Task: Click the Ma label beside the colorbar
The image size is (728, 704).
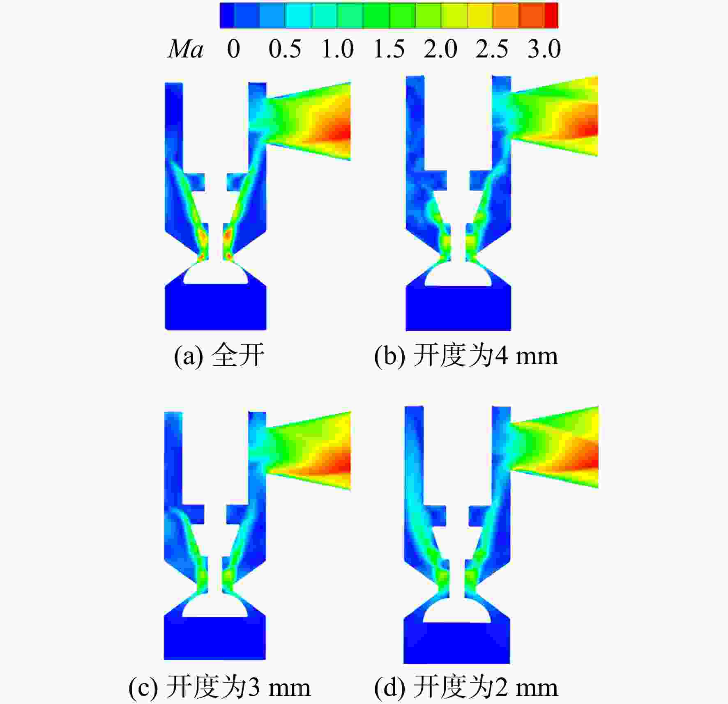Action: (x=185, y=49)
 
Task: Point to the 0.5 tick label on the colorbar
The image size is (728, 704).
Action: (x=285, y=49)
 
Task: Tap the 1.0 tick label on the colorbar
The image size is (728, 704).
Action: (x=337, y=49)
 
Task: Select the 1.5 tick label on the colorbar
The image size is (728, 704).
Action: (x=389, y=49)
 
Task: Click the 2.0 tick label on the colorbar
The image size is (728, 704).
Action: (x=440, y=49)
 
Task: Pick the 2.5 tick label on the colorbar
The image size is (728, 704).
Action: (x=492, y=49)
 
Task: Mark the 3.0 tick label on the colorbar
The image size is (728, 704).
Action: (x=544, y=49)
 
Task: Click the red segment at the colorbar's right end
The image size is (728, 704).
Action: (x=551, y=16)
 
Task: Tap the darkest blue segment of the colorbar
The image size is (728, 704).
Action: (x=227, y=16)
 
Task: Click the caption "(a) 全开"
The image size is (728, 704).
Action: (x=219, y=355)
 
